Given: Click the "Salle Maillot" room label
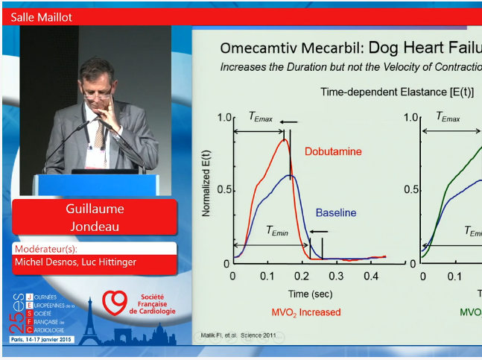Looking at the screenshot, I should point(42,17).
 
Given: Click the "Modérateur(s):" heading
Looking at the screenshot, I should point(45,249).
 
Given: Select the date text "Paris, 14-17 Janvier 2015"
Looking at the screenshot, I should point(43,339).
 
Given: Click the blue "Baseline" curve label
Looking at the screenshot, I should point(336,212).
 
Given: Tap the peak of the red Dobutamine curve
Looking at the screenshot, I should point(284,139).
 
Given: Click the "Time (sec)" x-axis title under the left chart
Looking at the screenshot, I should point(310,293).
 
